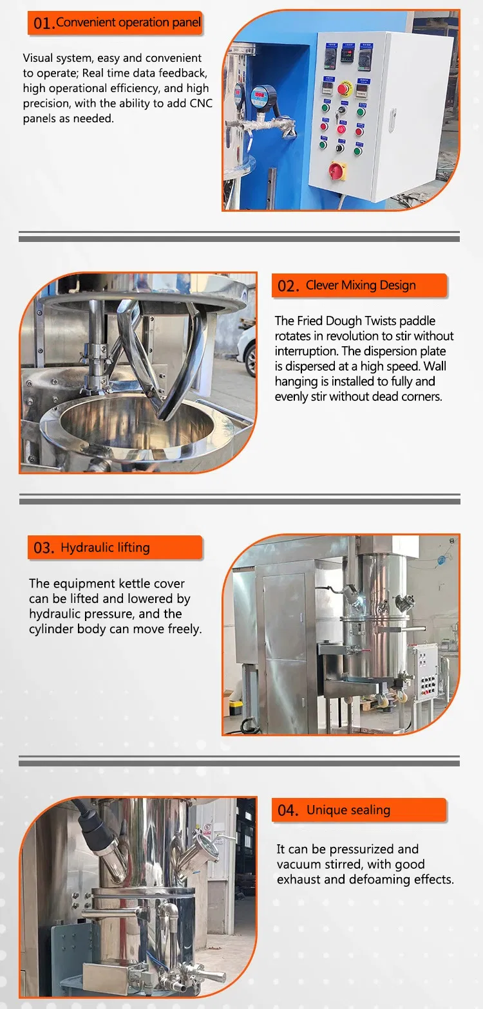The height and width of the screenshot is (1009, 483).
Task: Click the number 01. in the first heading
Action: tap(44, 24)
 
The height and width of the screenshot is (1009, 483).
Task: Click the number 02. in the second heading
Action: tap(288, 286)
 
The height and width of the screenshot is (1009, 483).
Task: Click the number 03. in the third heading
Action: tap(44, 548)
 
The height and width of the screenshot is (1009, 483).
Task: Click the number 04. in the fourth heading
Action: tap(288, 811)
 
